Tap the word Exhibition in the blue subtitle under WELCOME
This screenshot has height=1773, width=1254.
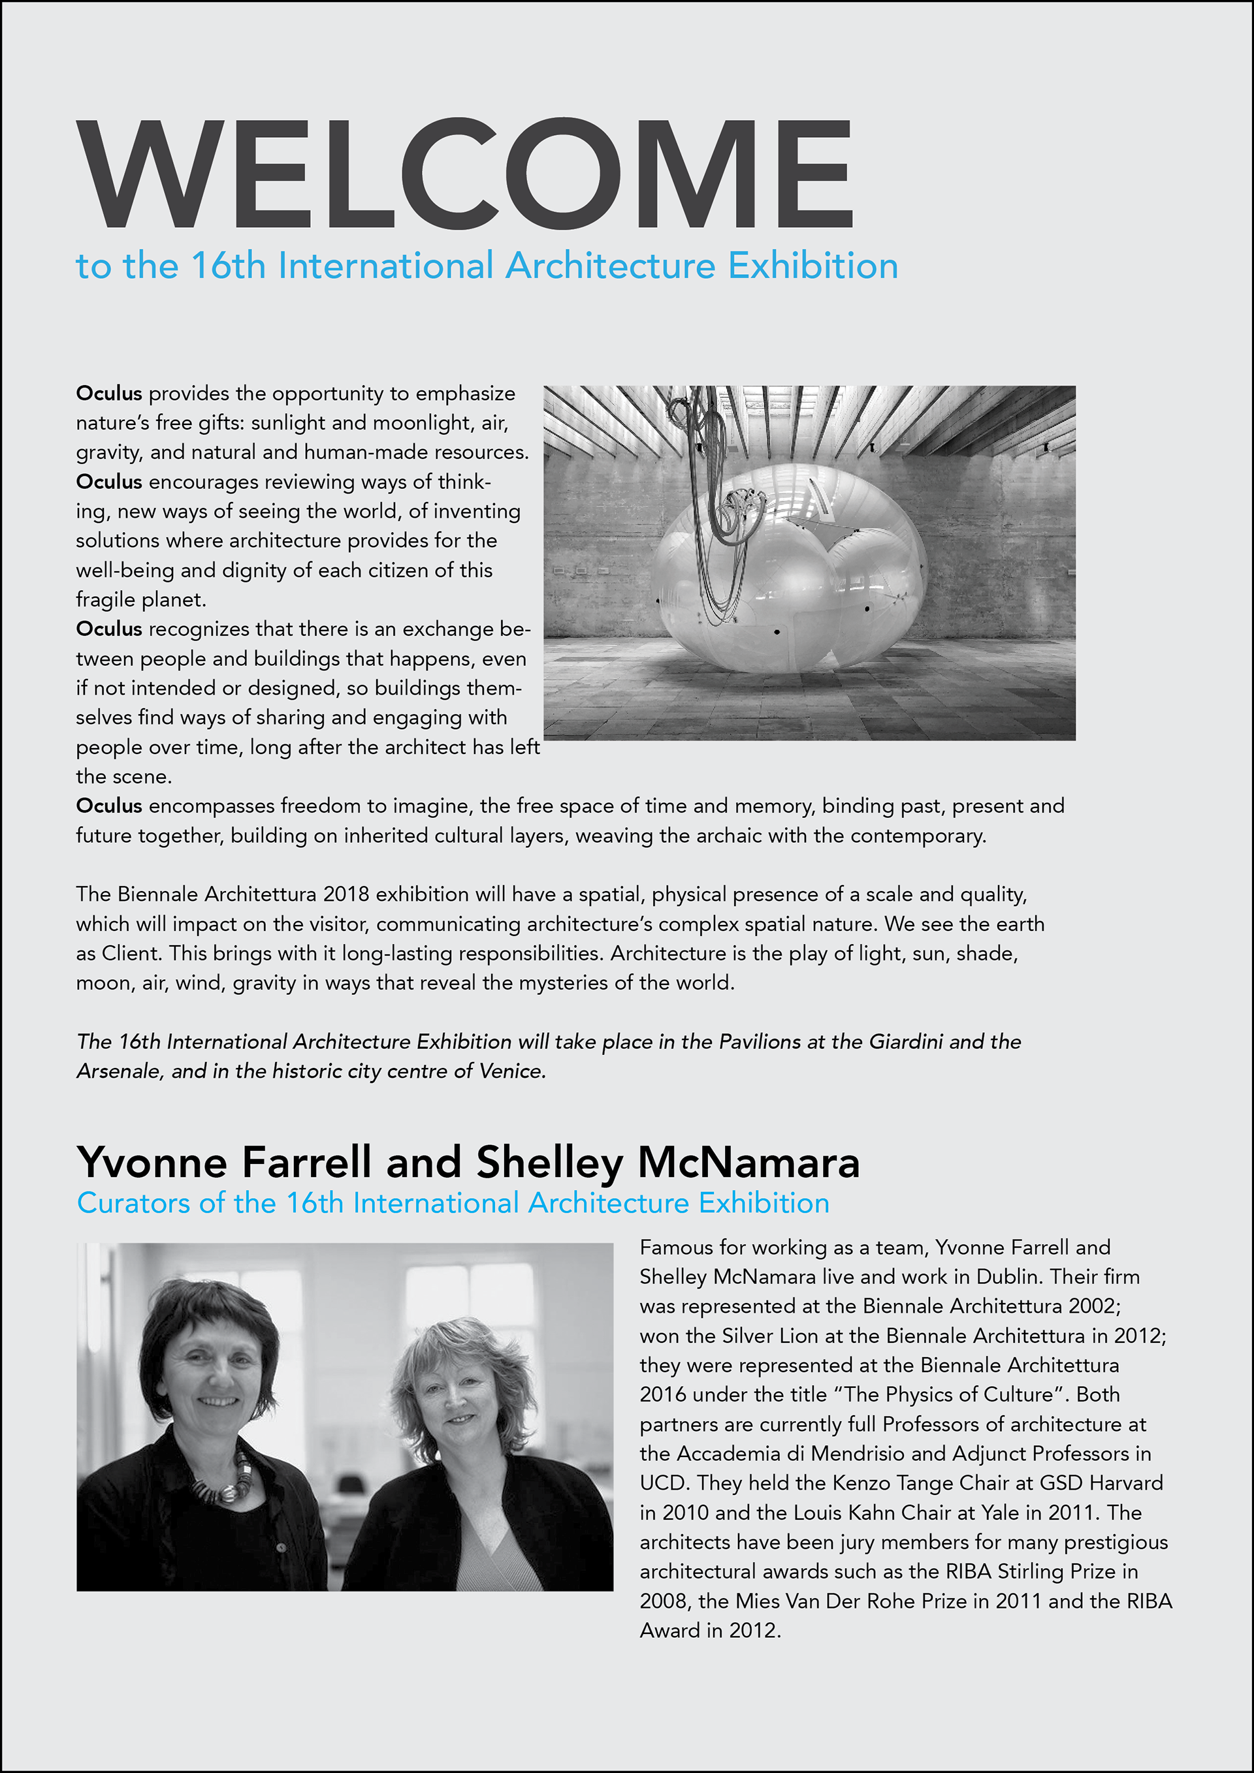point(813,266)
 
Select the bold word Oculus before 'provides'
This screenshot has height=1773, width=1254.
point(108,393)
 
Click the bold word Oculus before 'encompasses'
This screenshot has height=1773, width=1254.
point(108,806)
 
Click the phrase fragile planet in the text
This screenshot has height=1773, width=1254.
point(140,599)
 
